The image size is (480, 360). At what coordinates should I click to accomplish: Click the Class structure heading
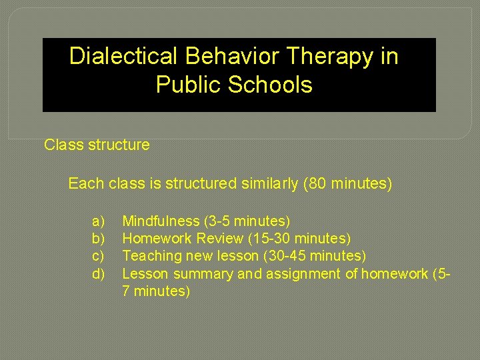pyautogui.click(x=97, y=145)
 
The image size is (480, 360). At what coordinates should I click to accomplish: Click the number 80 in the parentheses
pyautogui.click(x=317, y=183)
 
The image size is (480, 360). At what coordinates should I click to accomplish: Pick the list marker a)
pyautogui.click(x=99, y=221)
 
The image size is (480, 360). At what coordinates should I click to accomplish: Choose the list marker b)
pyautogui.click(x=99, y=238)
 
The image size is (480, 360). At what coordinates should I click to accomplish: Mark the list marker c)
pyautogui.click(x=99, y=255)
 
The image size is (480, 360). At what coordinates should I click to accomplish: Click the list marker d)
pyautogui.click(x=99, y=273)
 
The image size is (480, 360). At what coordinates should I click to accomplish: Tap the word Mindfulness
pyautogui.click(x=161, y=221)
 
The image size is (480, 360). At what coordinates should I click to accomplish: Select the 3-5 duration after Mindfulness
pyautogui.click(x=219, y=221)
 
